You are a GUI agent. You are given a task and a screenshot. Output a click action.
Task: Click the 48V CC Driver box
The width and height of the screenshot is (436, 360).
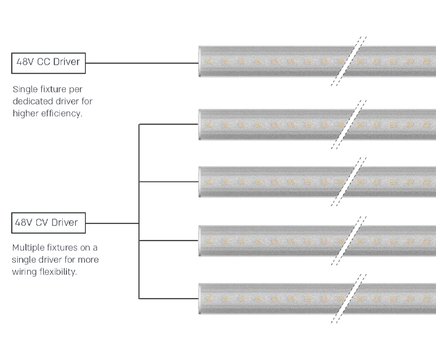(x=49, y=62)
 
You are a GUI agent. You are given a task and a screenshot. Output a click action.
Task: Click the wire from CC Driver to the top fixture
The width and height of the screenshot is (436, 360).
(x=142, y=62)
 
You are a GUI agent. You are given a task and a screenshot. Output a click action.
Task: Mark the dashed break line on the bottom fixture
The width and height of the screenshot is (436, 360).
(x=349, y=298)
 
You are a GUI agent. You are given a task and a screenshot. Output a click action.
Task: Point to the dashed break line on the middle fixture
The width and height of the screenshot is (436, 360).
(x=349, y=181)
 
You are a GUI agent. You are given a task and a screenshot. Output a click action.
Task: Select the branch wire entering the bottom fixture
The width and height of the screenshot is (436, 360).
(x=169, y=298)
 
